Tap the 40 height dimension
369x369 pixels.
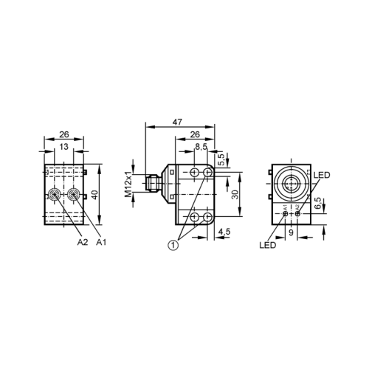96,194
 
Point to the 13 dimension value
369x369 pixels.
63,147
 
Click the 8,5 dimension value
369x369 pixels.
201,147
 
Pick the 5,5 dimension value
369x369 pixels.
221,159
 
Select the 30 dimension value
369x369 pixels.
235,194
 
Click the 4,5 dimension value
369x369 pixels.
224,232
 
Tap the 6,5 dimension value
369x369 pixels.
318,203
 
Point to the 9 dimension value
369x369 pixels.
291,232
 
